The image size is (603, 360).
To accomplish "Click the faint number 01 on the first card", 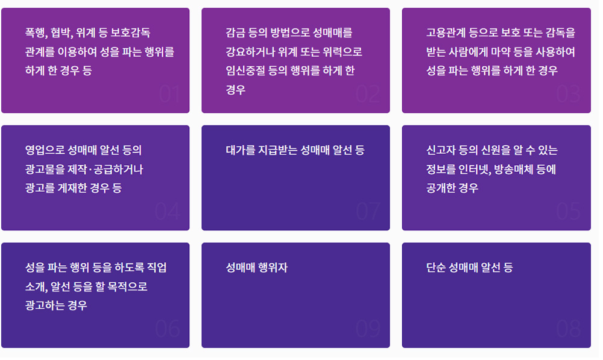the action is click(x=169, y=94).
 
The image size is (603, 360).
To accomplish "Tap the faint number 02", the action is click(x=368, y=94).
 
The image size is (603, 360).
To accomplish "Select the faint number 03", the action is click(x=569, y=94).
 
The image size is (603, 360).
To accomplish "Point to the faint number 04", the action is click(x=168, y=212).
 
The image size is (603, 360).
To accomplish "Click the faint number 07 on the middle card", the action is click(x=368, y=212).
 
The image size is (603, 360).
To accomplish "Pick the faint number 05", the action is click(x=569, y=212).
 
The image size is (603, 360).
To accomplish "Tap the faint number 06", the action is click(x=168, y=329).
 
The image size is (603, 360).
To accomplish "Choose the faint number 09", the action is click(x=368, y=329).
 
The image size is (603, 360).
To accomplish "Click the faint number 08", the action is click(x=569, y=329).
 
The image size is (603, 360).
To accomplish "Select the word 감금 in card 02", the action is click(x=235, y=33).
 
